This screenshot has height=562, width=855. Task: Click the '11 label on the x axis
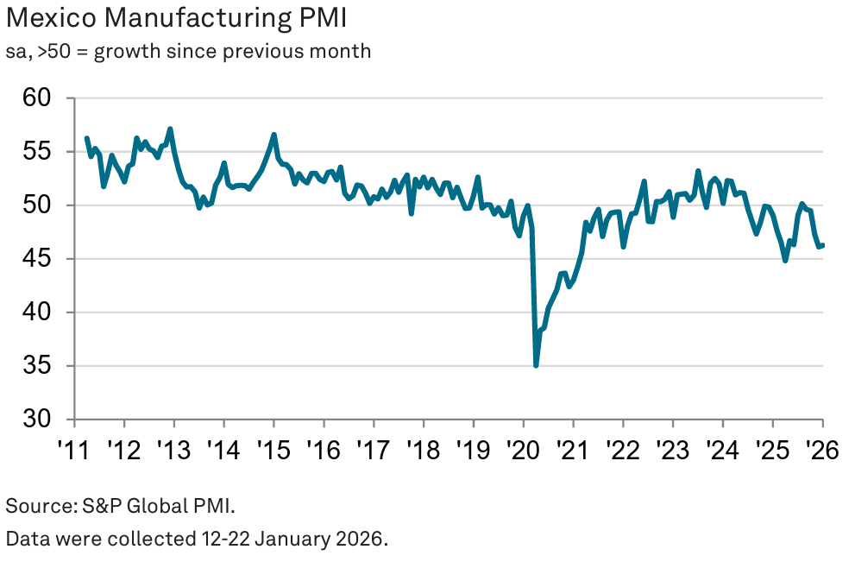coord(74,450)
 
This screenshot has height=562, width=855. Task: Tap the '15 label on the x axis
coord(273,450)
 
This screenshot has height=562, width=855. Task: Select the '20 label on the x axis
coord(523,450)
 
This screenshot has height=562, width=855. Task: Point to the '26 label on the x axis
coord(822,450)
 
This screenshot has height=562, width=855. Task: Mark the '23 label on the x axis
coord(672,450)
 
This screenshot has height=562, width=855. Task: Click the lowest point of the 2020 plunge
coord(536,366)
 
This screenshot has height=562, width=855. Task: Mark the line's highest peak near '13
coord(170,129)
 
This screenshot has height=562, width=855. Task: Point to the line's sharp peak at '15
coord(273,134)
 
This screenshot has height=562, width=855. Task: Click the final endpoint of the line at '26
coord(822,245)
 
